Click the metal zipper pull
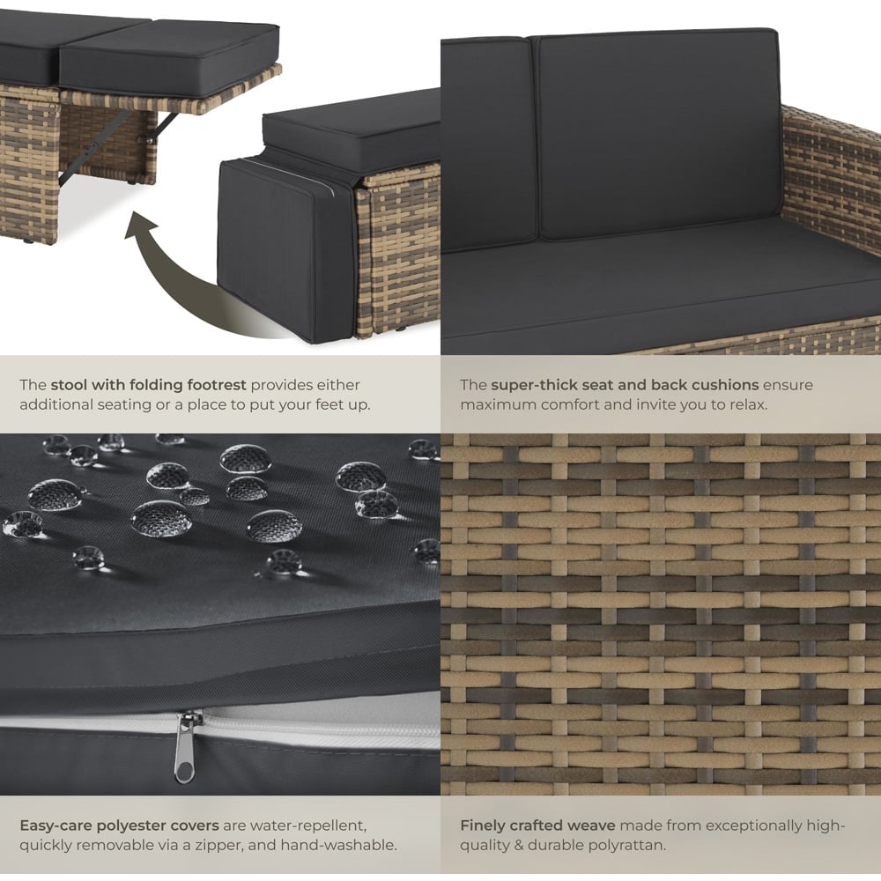[185, 747]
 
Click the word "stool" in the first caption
[69, 385]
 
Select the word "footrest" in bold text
[217, 385]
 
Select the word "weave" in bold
[592, 825]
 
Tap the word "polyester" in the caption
[130, 826]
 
